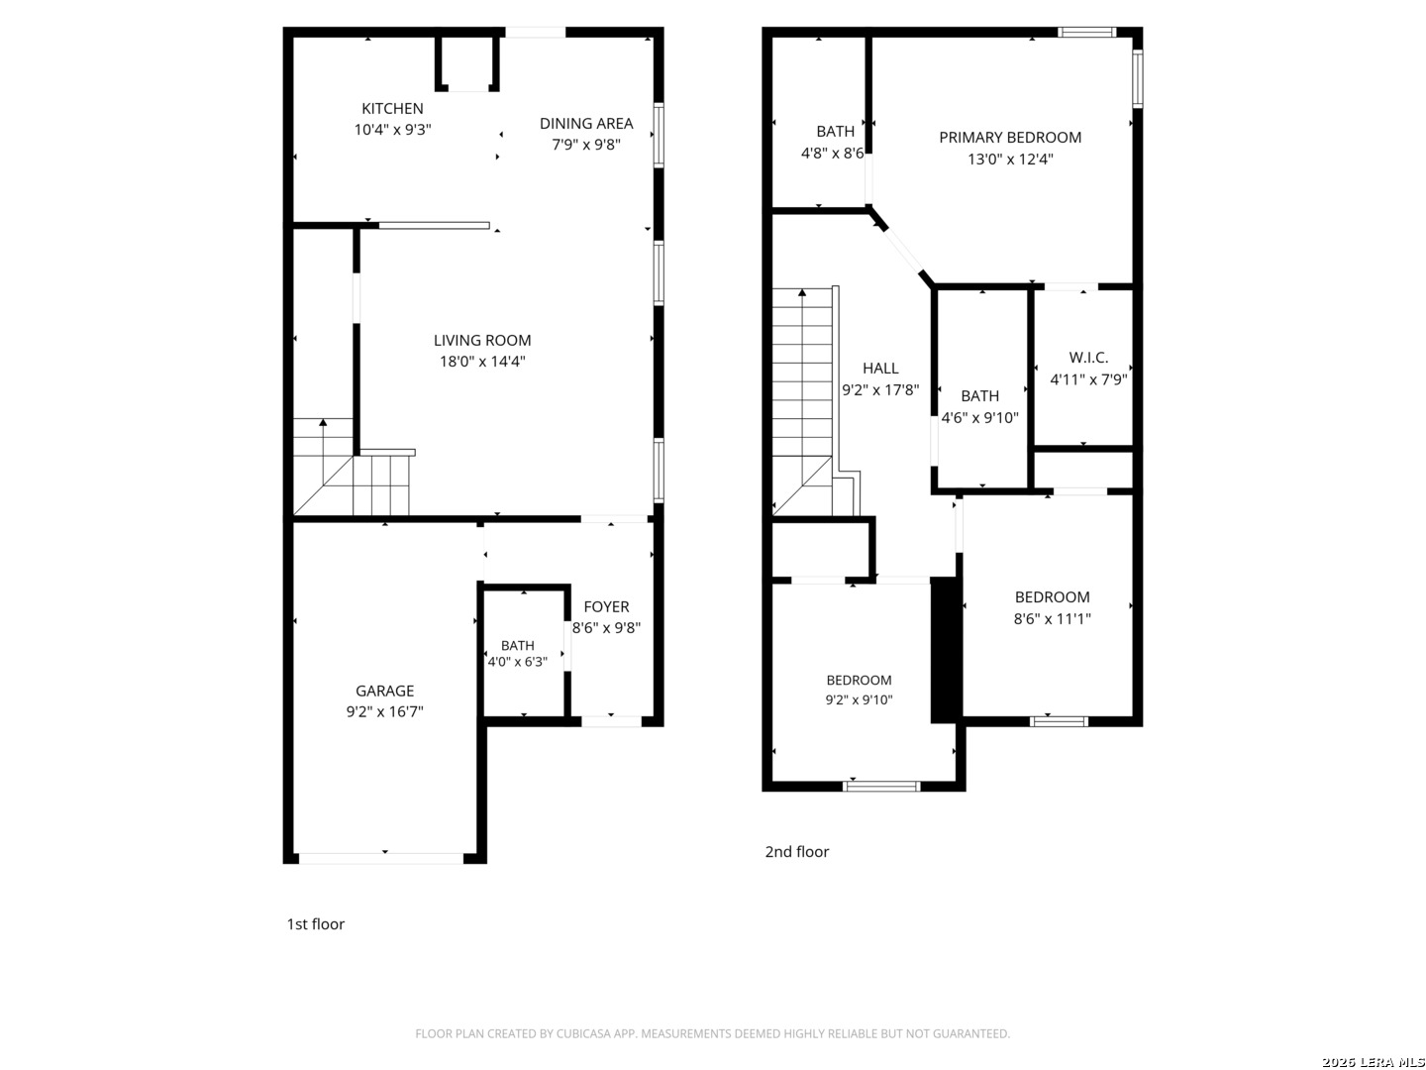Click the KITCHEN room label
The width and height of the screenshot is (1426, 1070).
pos(392,109)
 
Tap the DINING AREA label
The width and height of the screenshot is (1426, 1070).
pos(586,124)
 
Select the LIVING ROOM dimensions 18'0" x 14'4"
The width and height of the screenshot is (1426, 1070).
pos(482,362)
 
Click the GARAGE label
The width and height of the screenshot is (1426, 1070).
pos(384,691)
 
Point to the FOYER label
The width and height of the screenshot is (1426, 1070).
pos(606,606)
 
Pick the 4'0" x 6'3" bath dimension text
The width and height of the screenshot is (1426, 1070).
pos(518,662)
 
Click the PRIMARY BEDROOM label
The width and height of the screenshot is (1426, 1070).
pos(1010,138)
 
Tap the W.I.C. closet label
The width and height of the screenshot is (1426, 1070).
pos(1088,358)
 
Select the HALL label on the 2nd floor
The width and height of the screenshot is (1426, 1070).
pos(880,369)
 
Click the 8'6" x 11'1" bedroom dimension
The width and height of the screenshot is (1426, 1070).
pos(1052,618)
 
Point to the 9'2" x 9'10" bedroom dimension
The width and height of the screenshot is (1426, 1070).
pos(859,699)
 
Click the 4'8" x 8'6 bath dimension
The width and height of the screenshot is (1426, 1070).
pos(832,154)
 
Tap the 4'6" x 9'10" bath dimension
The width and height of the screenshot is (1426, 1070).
pos(979,418)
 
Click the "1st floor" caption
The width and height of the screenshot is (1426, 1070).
pos(316,923)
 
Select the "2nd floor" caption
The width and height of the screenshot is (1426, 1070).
pos(796,852)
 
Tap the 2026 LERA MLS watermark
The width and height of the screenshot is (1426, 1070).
pos(1373,1062)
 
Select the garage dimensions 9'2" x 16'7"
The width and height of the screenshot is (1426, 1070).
pos(384,712)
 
